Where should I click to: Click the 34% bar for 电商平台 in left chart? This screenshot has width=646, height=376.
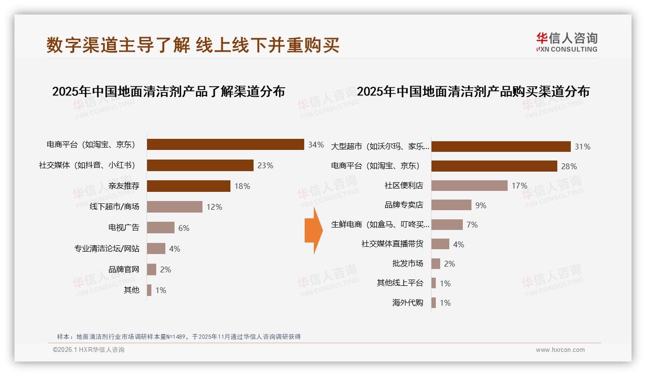[225, 145]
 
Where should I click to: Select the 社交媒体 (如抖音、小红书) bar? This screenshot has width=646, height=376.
[200, 165]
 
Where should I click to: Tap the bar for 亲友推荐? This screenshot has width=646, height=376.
[188, 186]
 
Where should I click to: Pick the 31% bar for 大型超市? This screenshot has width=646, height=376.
[501, 147]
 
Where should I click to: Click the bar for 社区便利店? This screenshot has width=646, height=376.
[469, 186]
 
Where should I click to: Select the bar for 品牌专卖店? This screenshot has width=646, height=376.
[451, 205]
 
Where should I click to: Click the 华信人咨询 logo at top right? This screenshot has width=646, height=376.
[566, 42]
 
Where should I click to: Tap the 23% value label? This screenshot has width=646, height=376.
[265, 165]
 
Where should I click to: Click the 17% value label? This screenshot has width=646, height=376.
[519, 186]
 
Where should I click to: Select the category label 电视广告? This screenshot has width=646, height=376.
[123, 228]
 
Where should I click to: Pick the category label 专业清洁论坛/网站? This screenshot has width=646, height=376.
[107, 249]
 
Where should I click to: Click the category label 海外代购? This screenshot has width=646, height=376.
[407, 303]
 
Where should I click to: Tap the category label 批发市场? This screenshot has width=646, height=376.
[407, 264]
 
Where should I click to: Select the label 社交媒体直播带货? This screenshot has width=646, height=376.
[392, 244]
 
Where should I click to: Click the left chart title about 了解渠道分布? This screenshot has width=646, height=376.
[168, 92]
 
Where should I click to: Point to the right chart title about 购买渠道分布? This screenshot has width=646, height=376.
[473, 92]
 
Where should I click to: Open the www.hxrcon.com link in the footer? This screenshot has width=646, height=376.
[560, 350]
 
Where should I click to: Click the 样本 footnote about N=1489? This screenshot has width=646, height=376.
[178, 336]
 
